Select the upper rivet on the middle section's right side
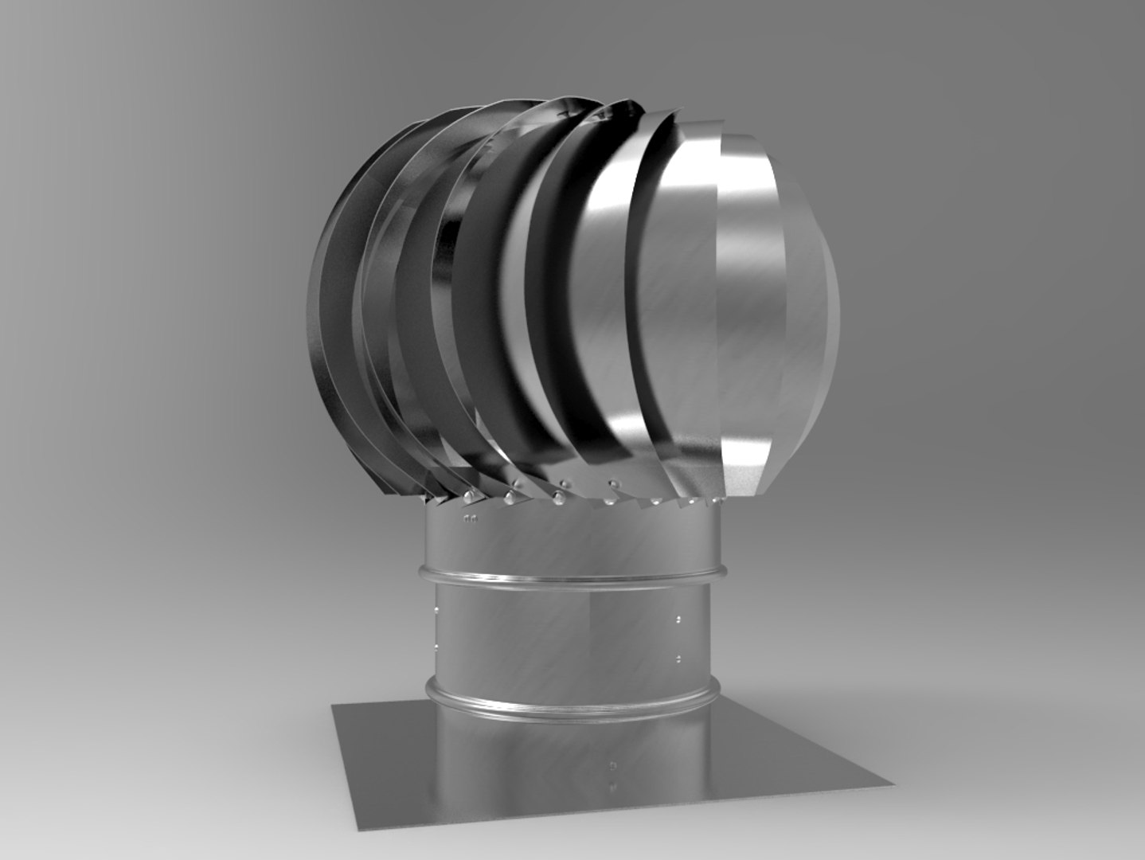click(677, 618)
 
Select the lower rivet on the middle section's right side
click(677, 659)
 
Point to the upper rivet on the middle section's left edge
click(436, 611)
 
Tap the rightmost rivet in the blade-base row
click(715, 500)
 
